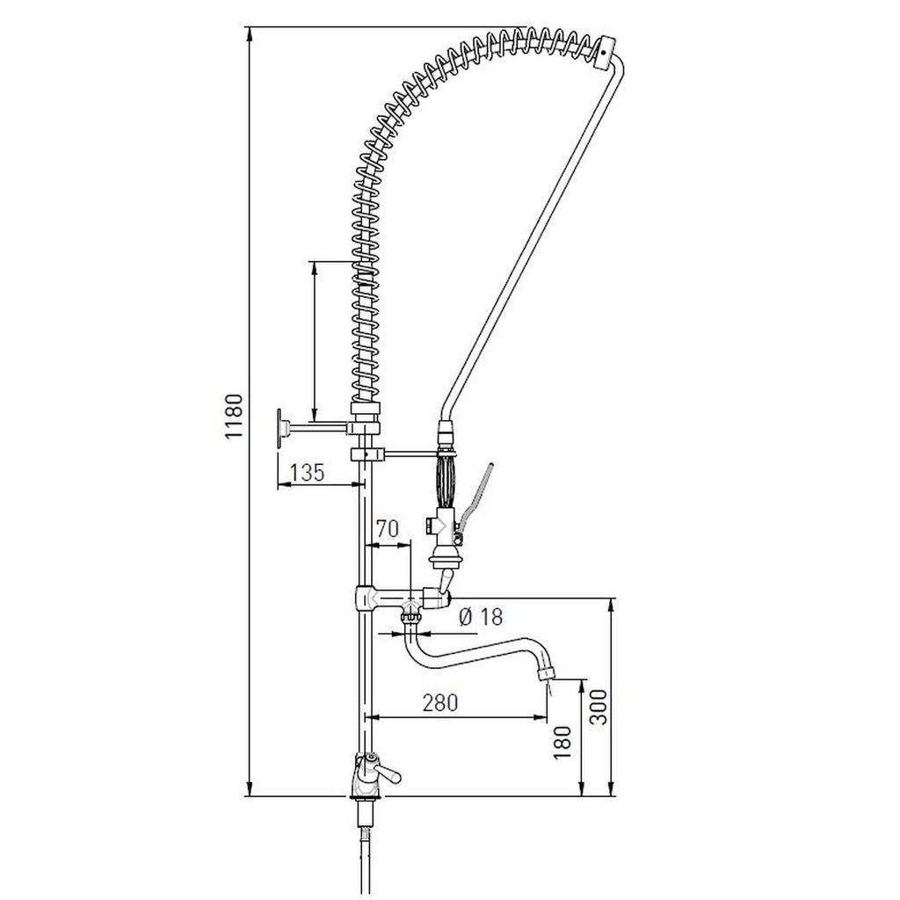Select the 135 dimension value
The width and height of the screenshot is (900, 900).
click(x=307, y=473)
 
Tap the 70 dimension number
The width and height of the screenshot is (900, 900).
click(x=388, y=529)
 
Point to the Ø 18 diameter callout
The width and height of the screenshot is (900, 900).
click(x=480, y=617)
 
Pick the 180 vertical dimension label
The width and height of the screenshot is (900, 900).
click(x=562, y=742)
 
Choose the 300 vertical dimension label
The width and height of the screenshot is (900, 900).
click(x=598, y=707)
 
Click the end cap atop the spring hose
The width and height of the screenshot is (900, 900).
click(x=606, y=50)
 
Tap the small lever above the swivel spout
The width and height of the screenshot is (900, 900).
click(x=446, y=581)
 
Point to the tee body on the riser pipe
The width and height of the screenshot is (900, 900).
click(x=367, y=599)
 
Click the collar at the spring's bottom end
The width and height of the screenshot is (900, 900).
click(x=366, y=408)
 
